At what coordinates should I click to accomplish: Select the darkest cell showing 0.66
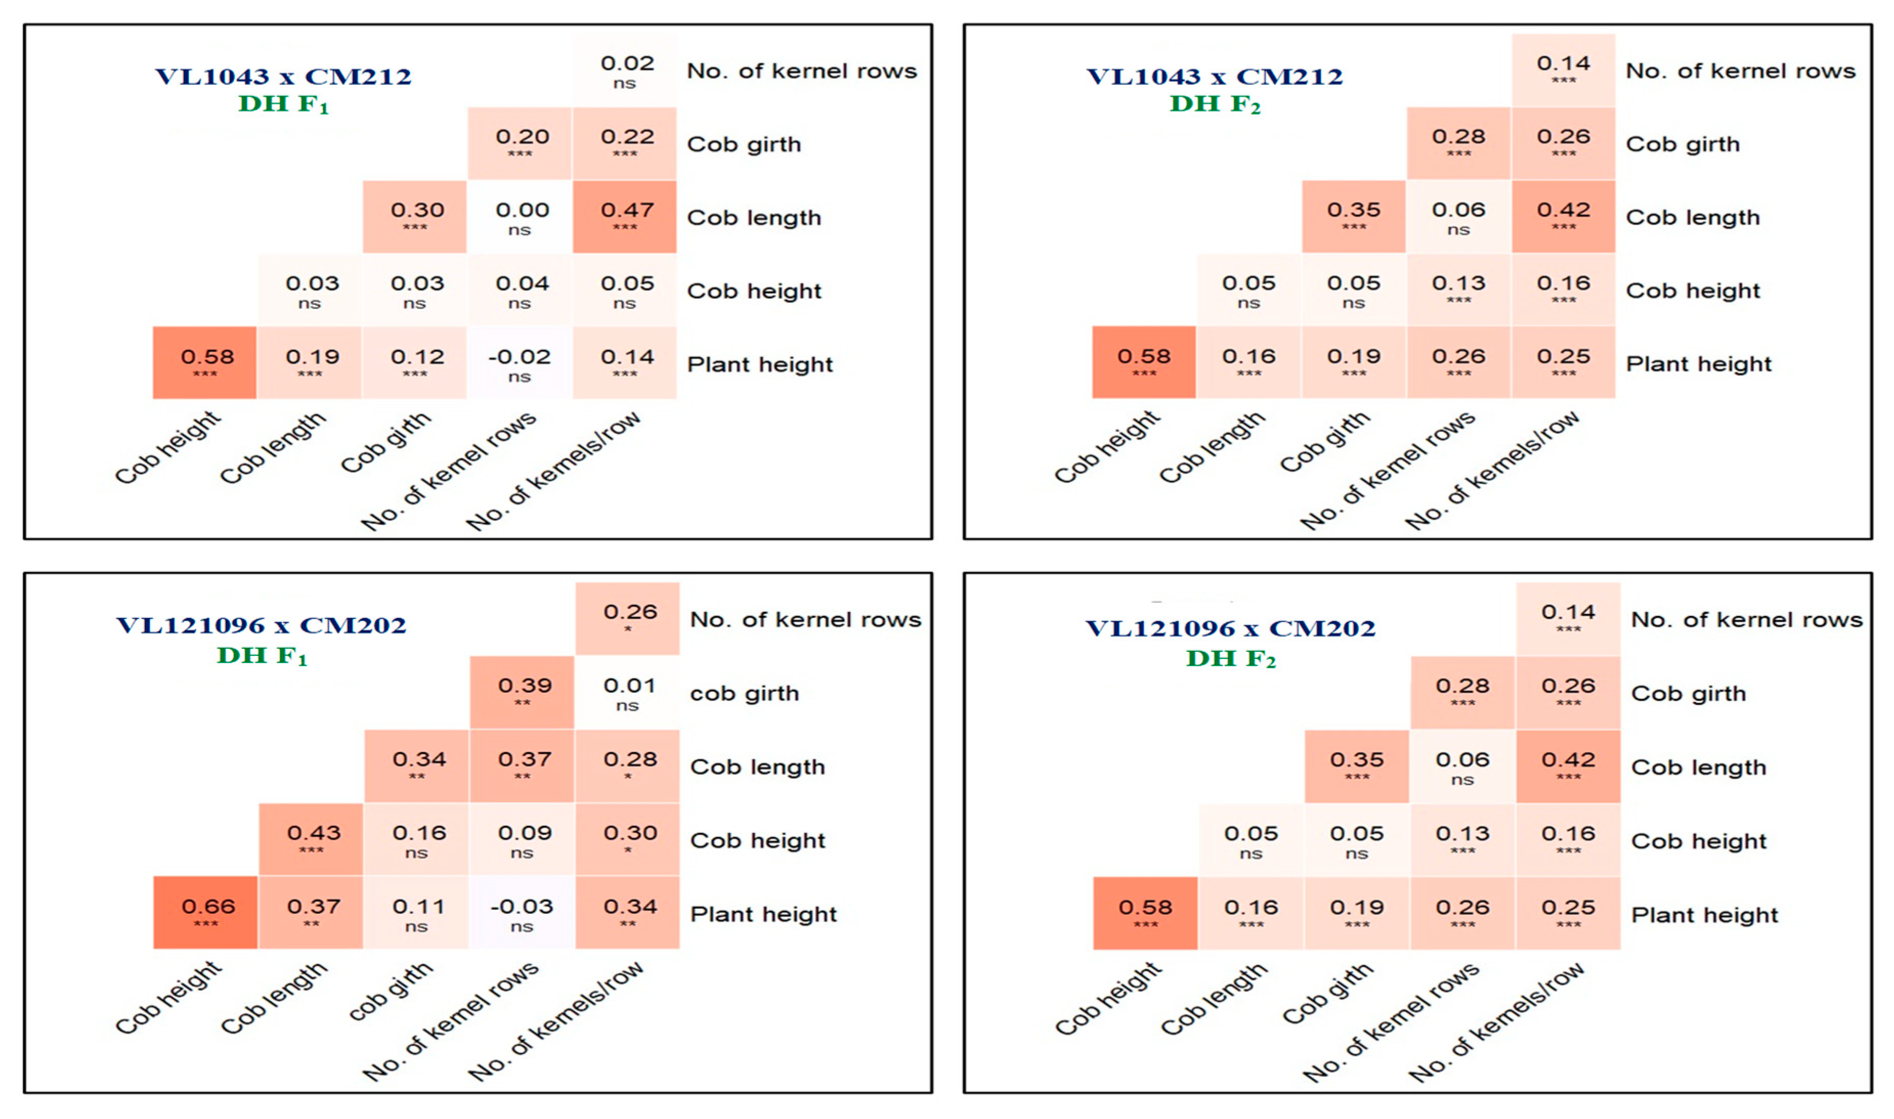[x=205, y=912]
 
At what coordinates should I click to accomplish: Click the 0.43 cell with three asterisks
[x=311, y=839]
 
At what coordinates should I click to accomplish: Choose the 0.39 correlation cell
[x=522, y=691]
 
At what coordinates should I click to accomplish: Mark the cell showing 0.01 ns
[x=627, y=691]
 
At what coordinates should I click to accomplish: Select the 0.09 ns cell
[x=522, y=839]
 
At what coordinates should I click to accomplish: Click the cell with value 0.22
[x=624, y=143]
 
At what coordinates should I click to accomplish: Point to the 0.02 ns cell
[x=624, y=70]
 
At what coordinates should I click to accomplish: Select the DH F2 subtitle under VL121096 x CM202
[x=1230, y=659]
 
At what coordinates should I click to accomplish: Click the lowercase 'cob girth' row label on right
[x=744, y=693]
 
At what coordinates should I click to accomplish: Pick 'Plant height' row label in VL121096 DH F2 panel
[x=1704, y=915]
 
